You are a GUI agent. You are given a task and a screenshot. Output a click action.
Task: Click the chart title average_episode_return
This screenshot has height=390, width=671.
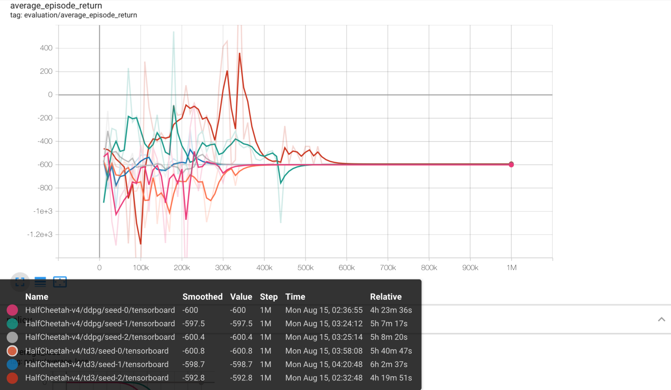[x=56, y=6]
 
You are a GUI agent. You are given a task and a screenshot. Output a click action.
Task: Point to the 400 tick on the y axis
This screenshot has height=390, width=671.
[x=46, y=48]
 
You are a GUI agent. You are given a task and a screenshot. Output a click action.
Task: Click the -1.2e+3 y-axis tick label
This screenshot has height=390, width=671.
[x=40, y=235]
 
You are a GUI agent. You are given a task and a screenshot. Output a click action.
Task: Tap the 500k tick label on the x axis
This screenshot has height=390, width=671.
[x=305, y=268]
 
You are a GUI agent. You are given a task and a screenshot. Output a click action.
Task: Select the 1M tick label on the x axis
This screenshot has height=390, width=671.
[x=511, y=268]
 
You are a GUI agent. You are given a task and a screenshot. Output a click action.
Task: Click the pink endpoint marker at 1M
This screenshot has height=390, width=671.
[x=511, y=165]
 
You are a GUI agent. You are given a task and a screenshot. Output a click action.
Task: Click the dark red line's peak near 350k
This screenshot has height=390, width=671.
[x=240, y=53]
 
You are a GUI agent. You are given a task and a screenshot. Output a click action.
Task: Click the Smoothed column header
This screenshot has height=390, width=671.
[x=202, y=297]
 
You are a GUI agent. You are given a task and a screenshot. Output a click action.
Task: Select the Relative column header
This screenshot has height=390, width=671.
[x=386, y=297]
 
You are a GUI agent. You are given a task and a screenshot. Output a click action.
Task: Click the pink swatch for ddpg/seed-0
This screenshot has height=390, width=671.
[x=12, y=310]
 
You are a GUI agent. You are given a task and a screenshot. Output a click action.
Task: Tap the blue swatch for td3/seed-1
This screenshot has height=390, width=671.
[x=12, y=364]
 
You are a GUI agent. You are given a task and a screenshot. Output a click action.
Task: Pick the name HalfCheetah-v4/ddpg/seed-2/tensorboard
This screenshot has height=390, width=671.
[x=100, y=337]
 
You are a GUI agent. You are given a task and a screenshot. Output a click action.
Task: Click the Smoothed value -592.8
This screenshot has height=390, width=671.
[x=193, y=378]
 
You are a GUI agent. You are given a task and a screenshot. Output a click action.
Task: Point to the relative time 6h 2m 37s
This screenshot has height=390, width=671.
[x=388, y=364]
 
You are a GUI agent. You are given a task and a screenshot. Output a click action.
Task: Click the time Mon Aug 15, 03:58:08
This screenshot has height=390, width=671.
[x=324, y=351]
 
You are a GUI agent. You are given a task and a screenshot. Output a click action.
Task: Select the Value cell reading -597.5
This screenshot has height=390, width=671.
[x=241, y=323]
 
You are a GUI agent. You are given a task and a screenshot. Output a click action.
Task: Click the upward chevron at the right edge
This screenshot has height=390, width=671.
[x=661, y=319]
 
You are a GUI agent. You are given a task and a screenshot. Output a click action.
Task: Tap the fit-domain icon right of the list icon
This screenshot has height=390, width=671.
[x=60, y=282]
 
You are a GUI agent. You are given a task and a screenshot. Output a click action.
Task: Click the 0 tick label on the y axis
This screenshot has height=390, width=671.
[x=50, y=95]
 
